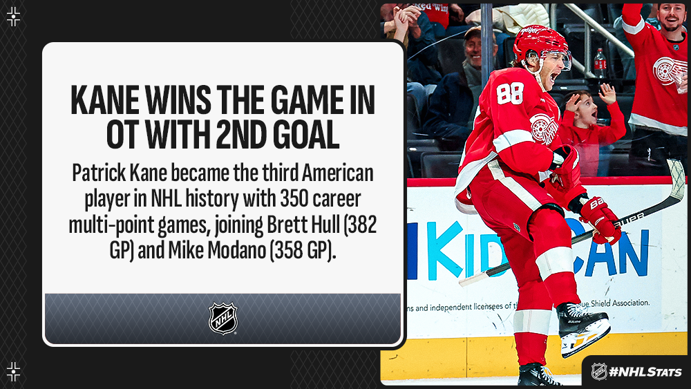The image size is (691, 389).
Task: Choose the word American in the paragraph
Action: point(338,173)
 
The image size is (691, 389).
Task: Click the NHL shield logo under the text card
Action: point(223,318)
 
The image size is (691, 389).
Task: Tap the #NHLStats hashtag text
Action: point(645,372)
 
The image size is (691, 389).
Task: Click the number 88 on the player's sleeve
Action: point(510,93)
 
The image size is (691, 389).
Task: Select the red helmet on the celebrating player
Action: point(540,43)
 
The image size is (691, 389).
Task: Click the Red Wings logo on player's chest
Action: point(544,129)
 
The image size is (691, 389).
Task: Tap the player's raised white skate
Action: point(583,329)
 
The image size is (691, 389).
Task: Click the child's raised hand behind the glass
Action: point(608,93)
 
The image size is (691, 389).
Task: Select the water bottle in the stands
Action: point(600,63)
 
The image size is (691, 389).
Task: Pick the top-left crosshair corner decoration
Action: point(14,17)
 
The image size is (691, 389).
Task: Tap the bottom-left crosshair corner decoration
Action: point(14,371)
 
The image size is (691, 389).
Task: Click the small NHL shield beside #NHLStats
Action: point(599,371)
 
